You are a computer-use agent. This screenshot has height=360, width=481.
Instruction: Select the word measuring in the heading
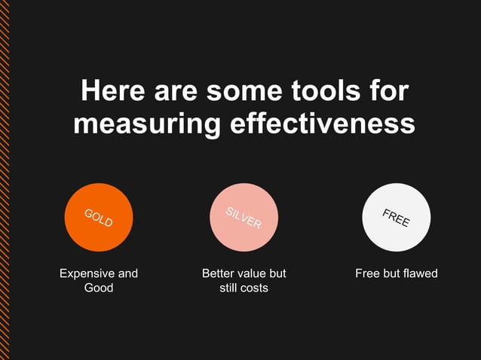pyautogui.click(x=146, y=123)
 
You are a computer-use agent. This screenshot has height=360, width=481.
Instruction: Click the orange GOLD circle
pyautogui.click(x=99, y=217)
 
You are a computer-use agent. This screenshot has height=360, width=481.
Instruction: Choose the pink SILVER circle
pyautogui.click(x=244, y=217)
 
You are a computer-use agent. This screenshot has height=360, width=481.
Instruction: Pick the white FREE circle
pyautogui.click(x=396, y=217)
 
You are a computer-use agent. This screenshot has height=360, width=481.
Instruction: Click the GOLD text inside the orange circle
pyautogui.click(x=99, y=218)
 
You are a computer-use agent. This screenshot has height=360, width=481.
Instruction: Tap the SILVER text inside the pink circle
pyautogui.click(x=244, y=217)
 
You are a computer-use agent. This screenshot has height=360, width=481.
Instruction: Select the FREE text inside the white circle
pyautogui.click(x=396, y=218)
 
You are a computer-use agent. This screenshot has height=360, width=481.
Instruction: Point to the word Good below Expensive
pyautogui.click(x=99, y=288)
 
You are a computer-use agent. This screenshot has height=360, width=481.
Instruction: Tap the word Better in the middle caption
pyautogui.click(x=219, y=273)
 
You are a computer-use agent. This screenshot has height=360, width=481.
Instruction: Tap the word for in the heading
pyautogui.click(x=387, y=92)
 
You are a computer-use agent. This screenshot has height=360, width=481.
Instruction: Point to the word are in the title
pyautogui.click(x=176, y=92)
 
